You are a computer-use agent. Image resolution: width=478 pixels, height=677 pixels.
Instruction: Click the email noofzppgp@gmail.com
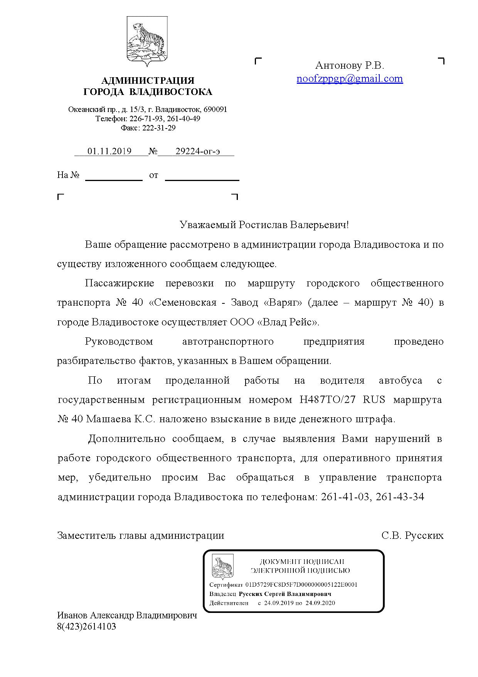350,79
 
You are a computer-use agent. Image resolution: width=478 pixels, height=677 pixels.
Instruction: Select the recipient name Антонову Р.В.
350,65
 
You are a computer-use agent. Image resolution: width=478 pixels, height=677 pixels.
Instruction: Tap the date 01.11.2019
109,151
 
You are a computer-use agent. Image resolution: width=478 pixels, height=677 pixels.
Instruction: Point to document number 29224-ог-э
198,151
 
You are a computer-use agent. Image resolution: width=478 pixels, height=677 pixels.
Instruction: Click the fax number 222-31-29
159,128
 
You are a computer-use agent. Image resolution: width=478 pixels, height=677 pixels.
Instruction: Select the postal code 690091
215,109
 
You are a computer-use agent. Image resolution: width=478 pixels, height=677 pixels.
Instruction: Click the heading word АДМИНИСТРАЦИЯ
148,81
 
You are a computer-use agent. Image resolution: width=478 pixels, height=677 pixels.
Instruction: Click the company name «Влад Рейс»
288,322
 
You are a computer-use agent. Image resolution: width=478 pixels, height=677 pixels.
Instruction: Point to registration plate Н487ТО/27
327,399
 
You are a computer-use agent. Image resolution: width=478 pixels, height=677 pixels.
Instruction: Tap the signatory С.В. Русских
412,535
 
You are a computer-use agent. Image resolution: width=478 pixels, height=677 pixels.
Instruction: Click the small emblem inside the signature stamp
222,568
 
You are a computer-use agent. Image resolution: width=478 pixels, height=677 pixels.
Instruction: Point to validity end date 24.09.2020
320,603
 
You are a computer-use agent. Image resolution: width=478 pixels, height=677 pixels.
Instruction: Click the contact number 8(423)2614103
86,626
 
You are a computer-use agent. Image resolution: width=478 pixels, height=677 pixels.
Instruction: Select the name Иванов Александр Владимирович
127,615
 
